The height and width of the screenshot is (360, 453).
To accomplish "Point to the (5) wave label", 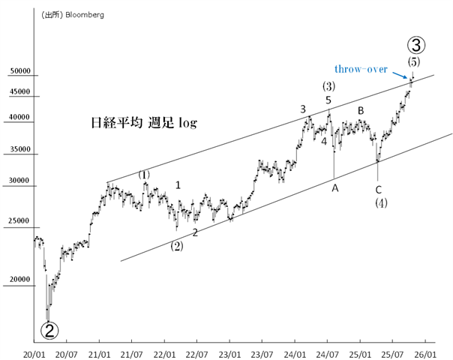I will tap(414, 61).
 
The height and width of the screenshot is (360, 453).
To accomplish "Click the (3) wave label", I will tap(328, 86).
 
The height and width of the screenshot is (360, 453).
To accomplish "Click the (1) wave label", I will tap(144, 175).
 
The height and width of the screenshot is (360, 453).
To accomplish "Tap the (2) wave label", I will tap(177, 244).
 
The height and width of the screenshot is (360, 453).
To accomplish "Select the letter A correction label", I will tap(335, 188).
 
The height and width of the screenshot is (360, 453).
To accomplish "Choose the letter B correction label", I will tap(361, 111).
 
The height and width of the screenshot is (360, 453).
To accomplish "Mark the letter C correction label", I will tap(379, 189).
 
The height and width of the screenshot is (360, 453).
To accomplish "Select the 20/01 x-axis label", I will tap(33, 351).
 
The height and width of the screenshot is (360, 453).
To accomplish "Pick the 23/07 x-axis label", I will tap(261, 351).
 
